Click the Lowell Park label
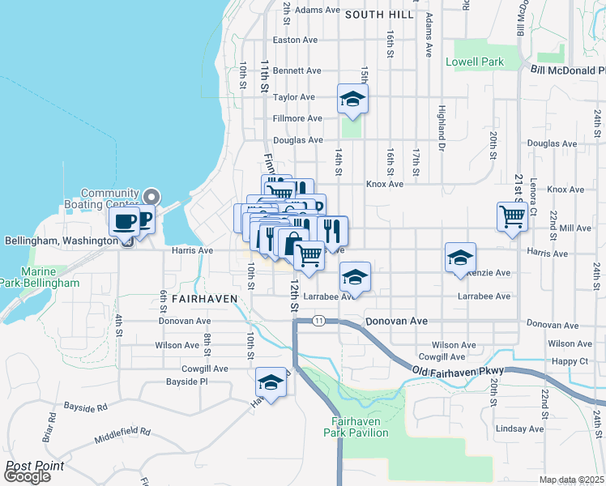coord(475,62)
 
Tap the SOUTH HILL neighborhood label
coord(380,15)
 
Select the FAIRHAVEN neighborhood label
coord(204,298)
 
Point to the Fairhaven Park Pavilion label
coord(361,427)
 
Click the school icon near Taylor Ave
coord(352,99)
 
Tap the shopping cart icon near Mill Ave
coord(512,216)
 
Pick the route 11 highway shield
coord(321,321)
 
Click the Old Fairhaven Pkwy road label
coord(459,371)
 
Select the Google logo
coord(27,476)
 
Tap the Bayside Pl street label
coord(187,381)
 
